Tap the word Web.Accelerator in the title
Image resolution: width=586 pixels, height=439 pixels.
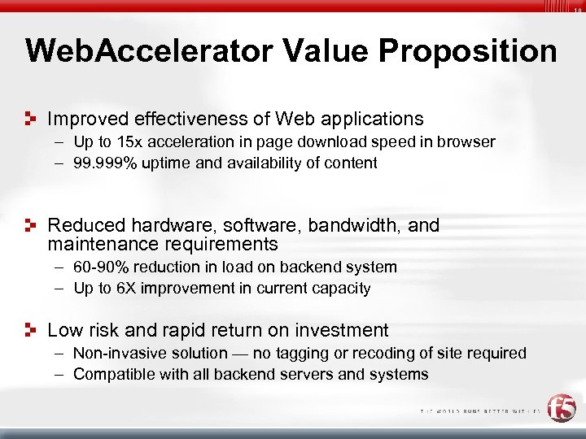146,50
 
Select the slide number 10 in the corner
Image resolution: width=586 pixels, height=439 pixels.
577,10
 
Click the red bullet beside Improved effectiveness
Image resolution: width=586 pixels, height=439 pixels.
31,120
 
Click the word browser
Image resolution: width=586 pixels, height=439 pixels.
466,142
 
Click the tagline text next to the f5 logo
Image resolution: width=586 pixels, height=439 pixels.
480,412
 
